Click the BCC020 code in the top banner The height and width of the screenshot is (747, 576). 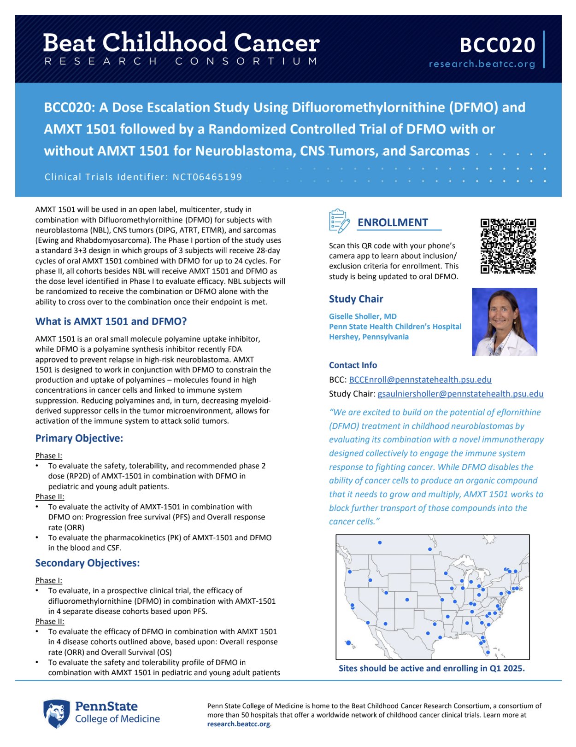(x=497, y=45)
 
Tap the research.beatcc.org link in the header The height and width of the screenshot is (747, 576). (x=482, y=64)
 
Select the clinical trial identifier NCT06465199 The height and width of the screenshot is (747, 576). (x=207, y=177)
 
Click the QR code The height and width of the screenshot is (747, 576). (x=508, y=246)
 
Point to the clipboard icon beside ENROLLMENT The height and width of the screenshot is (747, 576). (x=339, y=221)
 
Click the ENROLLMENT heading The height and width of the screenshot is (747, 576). (x=393, y=222)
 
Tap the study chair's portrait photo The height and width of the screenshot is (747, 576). (x=505, y=322)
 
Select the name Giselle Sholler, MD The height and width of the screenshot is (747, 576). (x=363, y=316)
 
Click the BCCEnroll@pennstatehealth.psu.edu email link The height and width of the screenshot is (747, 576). (x=420, y=379)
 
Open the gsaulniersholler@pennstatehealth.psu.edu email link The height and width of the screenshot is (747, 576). (x=460, y=394)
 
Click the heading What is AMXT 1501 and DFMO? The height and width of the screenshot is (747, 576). (x=111, y=321)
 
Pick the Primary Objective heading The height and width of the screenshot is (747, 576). (x=79, y=438)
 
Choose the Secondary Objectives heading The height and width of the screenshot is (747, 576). (x=88, y=563)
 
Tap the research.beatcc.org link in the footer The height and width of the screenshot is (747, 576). (x=238, y=724)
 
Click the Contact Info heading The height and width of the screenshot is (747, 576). (x=353, y=365)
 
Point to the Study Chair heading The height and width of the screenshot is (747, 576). (x=356, y=299)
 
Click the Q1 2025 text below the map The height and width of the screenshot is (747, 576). (x=506, y=668)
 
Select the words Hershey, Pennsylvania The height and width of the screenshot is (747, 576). (x=369, y=337)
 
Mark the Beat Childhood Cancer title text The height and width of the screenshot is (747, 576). (x=181, y=43)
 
